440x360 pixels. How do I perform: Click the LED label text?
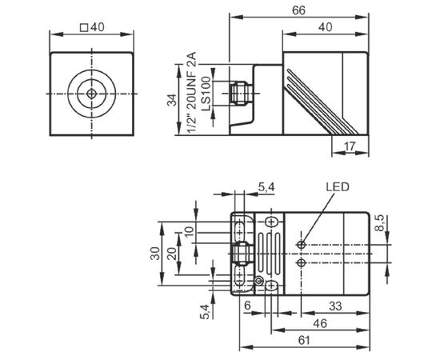[x=338, y=186]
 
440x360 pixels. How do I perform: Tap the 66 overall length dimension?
[x=298, y=10]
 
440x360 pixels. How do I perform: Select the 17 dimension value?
[x=350, y=146]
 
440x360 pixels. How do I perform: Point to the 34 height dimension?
[x=172, y=100]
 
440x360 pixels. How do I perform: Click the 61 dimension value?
[x=304, y=340]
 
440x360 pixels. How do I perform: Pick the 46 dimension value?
[x=320, y=323]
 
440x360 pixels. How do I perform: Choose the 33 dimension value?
[x=335, y=306]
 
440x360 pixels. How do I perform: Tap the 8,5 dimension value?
[x=380, y=222]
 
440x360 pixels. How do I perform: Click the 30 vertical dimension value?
[x=155, y=254]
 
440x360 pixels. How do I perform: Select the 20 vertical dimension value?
[x=172, y=254]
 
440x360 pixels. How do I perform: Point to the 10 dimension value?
[x=190, y=232]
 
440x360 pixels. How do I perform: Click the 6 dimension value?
[x=247, y=306]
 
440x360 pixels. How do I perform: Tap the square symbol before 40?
[x=84, y=28]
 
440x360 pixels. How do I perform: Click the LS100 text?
[x=206, y=94]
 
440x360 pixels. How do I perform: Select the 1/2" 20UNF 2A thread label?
[x=192, y=94]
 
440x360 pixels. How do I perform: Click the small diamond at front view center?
[x=91, y=94]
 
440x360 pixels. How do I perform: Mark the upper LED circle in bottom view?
[x=301, y=245]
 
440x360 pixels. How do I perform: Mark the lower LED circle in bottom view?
[x=301, y=263]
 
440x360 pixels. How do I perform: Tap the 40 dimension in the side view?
[x=326, y=27]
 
